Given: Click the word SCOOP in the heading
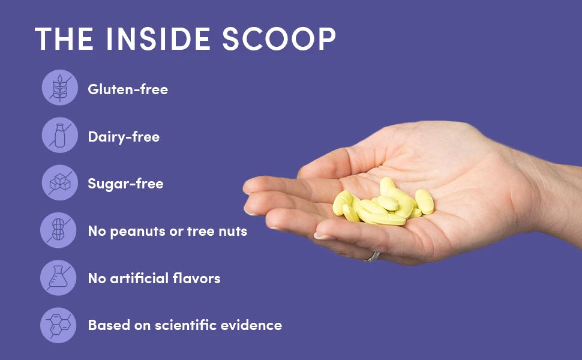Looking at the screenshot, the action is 279,38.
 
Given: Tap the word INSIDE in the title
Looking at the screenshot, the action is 158,38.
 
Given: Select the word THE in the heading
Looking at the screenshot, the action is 64,38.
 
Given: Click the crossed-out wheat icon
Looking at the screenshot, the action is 60,88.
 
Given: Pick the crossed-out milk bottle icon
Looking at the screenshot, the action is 60,135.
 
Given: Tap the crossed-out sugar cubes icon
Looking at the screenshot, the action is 60,182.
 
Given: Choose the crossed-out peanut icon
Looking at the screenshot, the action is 58,230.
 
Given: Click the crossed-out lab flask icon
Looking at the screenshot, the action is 58,278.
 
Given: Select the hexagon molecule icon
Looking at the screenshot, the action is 58,325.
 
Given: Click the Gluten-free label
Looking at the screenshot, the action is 128,89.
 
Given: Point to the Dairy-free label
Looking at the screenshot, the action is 124,137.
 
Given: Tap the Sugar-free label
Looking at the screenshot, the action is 125,184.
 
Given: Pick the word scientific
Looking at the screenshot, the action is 185,325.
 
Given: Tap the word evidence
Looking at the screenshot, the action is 251,325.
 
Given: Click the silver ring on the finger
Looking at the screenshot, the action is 372,257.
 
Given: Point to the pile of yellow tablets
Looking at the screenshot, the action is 383,202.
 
